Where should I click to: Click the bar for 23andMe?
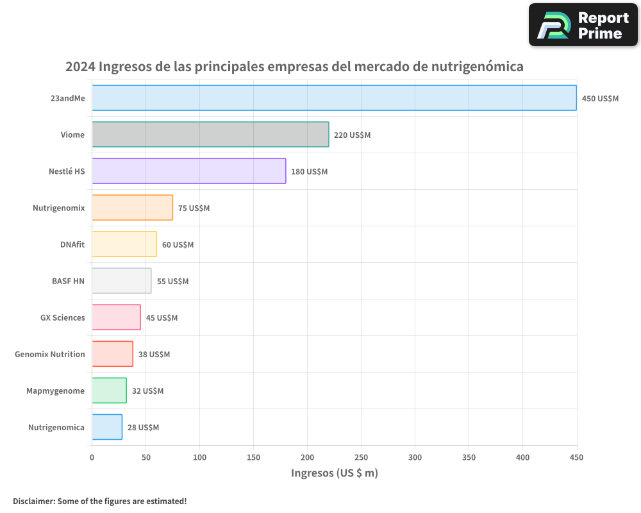click(x=334, y=98)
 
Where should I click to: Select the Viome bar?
click(x=210, y=135)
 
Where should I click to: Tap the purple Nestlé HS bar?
click(x=188, y=171)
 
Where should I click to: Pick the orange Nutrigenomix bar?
click(x=132, y=208)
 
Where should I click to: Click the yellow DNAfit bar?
click(x=124, y=244)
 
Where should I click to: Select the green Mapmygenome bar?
click(x=109, y=391)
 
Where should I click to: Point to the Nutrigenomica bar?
click(x=107, y=427)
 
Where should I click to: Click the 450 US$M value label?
click(x=600, y=99)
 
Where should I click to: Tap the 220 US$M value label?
click(x=352, y=135)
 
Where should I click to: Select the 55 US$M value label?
click(x=172, y=282)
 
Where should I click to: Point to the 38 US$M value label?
click(x=154, y=355)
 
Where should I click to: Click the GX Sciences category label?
click(x=62, y=318)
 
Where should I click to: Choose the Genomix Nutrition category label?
click(x=50, y=355)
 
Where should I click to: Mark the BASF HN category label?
click(x=68, y=282)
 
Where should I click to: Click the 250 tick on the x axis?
click(x=361, y=457)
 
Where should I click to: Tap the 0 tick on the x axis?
click(x=92, y=457)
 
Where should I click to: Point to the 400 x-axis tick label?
click(x=522, y=457)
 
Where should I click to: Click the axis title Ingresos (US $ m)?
click(x=334, y=473)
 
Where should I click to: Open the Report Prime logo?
click(x=583, y=25)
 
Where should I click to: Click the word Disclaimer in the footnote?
click(x=33, y=501)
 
